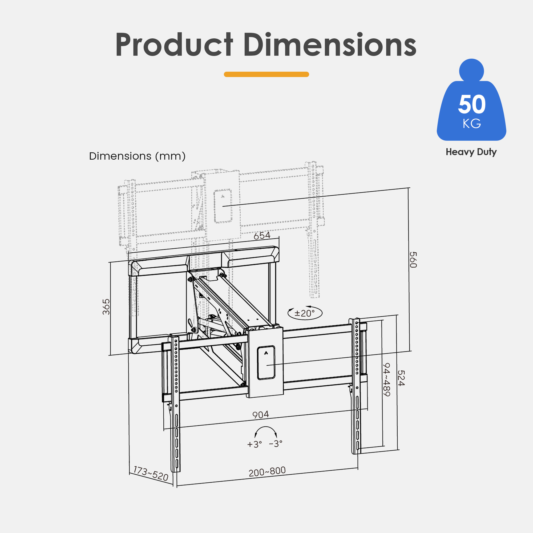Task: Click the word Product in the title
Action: point(174,45)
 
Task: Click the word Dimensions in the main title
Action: point(330,45)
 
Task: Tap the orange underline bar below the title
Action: point(266,74)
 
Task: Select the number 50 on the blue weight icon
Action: point(472,104)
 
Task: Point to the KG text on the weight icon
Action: point(472,124)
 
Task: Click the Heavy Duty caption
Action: point(471,152)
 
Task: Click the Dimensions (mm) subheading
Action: point(137,156)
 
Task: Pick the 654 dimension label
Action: point(262,236)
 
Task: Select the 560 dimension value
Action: point(413,260)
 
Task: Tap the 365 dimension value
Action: point(106,306)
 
